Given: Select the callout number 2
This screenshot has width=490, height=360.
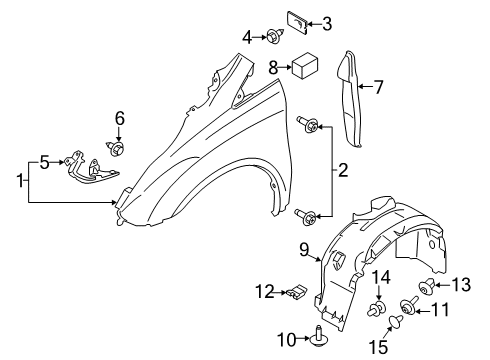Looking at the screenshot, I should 342,170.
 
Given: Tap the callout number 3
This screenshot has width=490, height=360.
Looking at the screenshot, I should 327,23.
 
